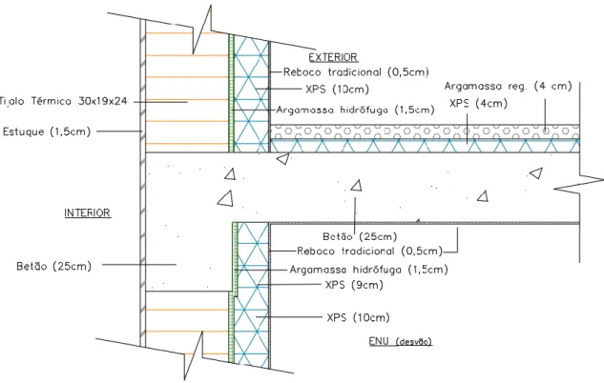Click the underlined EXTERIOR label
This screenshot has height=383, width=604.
click(x=333, y=57)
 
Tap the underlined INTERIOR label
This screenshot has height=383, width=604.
click(x=88, y=212)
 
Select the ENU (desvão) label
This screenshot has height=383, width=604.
click(x=400, y=341)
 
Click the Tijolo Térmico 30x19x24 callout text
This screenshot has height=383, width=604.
click(x=64, y=102)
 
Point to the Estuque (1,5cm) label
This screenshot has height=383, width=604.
click(x=47, y=131)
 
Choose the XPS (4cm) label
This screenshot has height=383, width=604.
click(x=478, y=104)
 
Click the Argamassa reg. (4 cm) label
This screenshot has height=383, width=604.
click(x=508, y=86)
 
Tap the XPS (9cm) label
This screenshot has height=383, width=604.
click(x=354, y=285)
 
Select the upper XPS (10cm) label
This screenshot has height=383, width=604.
click(x=337, y=90)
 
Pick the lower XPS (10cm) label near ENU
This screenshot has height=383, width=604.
click(x=358, y=317)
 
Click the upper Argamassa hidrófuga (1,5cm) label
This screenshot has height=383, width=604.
click(x=355, y=110)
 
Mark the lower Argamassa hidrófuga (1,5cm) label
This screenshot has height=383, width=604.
click(x=368, y=270)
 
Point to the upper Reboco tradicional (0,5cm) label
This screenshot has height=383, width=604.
click(x=356, y=71)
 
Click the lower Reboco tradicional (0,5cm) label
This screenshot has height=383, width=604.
click(x=370, y=252)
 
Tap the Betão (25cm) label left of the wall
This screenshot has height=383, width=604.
click(x=54, y=266)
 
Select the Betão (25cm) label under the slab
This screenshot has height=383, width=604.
click(x=360, y=236)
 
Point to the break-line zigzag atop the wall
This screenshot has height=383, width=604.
click(x=201, y=30)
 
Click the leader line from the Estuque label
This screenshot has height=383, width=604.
click(x=119, y=131)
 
